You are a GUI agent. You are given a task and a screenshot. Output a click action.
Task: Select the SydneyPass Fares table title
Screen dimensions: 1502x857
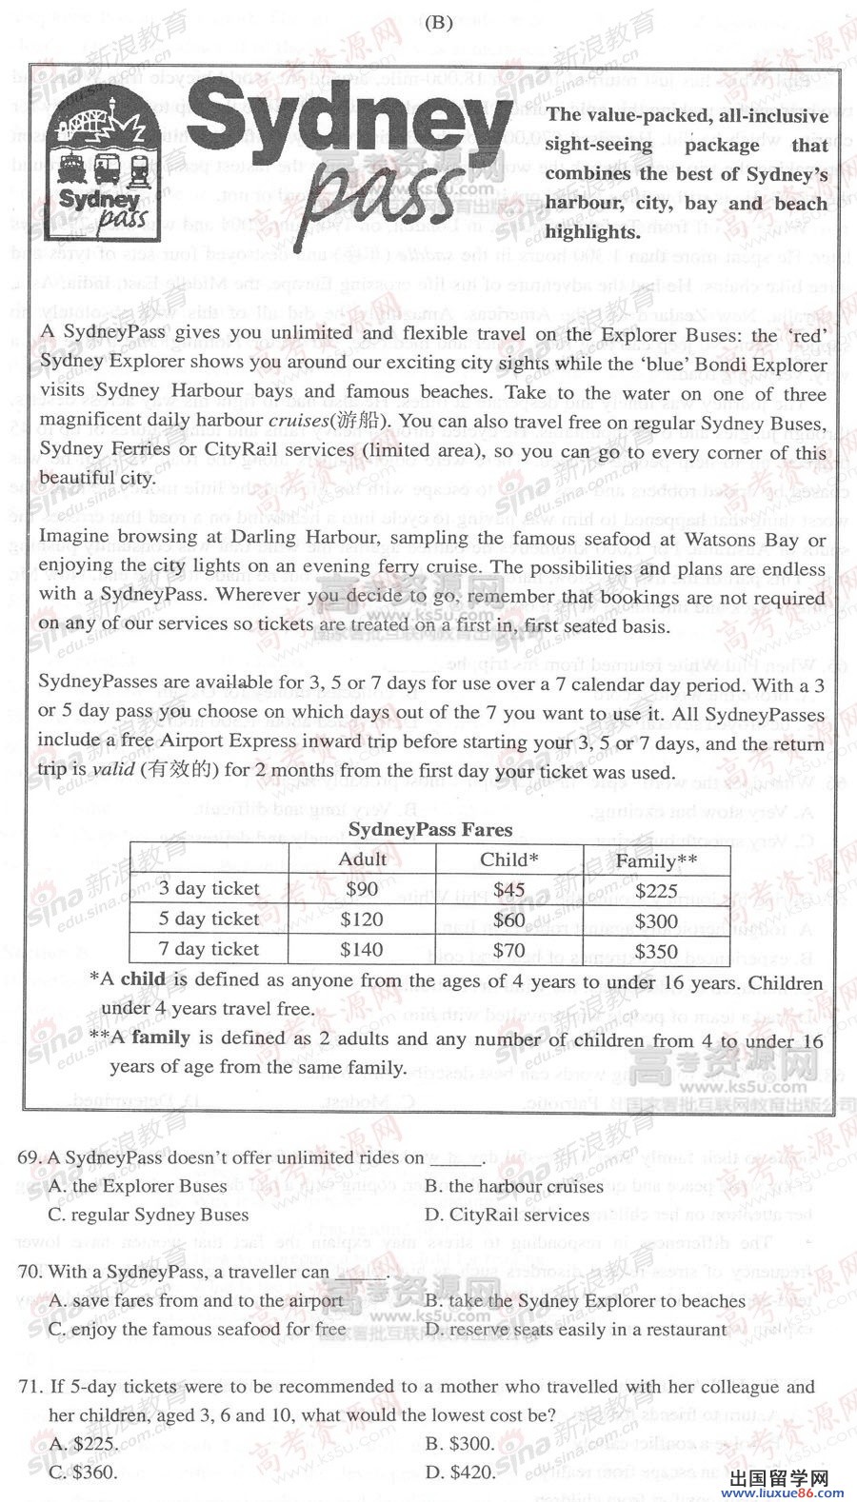pos(430,830)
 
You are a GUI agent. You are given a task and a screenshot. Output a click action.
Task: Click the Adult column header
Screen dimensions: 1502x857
pos(363,860)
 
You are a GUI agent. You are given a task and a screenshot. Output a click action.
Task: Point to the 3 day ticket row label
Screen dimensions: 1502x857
pos(209,889)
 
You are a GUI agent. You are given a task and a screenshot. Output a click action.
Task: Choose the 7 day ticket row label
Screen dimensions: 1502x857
pos(209,949)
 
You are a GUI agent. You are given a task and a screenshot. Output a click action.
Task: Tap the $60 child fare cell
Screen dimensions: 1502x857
pos(509,919)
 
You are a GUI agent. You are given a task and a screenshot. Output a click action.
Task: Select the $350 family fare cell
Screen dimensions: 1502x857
pos(656,951)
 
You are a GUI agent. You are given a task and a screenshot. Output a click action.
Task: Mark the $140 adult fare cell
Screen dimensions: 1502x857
pos(362,950)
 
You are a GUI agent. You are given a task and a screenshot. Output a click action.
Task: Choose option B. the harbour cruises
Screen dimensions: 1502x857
pos(514,1186)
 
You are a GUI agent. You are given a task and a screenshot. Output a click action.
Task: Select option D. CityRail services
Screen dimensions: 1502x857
pos(508,1215)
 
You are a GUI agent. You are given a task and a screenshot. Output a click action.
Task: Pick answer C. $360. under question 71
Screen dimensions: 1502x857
pos(84,1472)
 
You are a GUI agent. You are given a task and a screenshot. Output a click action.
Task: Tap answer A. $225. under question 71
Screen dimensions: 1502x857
pos(84,1443)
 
